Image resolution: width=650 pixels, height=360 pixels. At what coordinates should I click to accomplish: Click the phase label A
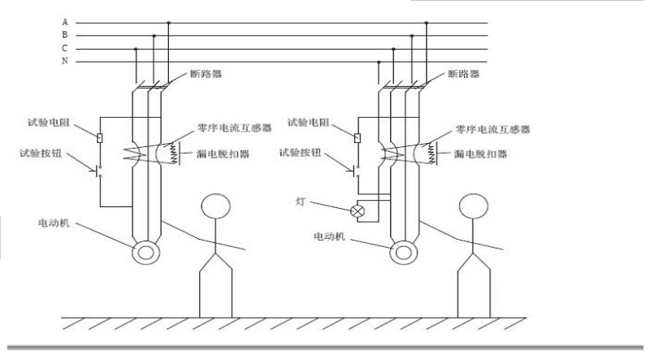65,22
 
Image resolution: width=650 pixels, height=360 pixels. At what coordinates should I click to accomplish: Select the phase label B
65,35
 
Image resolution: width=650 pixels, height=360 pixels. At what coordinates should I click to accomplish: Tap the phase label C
65,48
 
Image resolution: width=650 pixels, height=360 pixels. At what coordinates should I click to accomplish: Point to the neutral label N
65,61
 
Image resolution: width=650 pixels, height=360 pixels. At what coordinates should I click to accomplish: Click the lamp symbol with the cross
357,211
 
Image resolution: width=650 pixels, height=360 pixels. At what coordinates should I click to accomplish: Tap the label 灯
301,202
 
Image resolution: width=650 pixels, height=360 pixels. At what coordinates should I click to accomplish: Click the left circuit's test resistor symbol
100,137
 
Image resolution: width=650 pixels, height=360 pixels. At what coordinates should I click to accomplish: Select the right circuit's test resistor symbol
357,137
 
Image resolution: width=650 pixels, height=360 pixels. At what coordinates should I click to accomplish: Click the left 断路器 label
206,74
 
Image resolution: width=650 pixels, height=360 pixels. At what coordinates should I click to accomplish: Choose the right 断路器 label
464,74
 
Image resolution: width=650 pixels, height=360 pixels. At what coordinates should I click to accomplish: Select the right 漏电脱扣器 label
481,154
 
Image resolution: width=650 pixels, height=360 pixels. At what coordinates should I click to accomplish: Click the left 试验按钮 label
41,154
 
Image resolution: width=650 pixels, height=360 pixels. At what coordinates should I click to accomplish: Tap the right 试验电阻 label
309,123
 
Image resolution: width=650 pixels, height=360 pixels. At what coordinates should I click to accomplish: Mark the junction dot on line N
379,63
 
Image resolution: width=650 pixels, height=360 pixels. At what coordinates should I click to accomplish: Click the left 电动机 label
54,223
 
